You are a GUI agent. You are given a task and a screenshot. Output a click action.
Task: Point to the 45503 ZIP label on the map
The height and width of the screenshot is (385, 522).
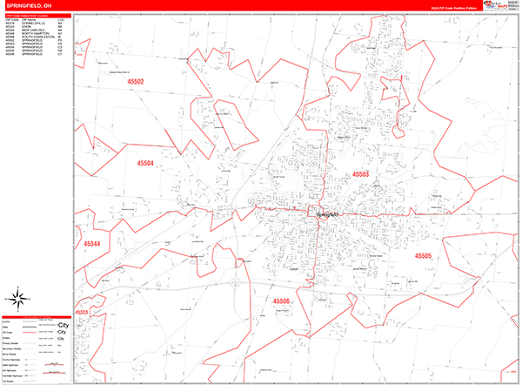point(360,174)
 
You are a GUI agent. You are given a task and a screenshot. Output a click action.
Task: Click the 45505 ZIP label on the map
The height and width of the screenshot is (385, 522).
point(422,256)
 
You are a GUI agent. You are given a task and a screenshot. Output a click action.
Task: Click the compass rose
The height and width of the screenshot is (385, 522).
point(14,301)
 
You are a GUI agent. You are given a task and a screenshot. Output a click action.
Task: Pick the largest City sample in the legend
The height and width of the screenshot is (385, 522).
point(62,324)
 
